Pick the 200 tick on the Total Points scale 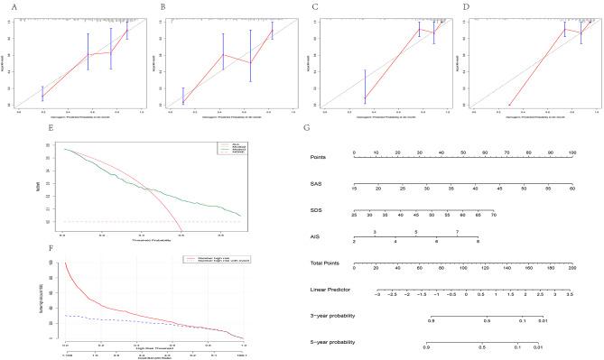pos(571,268)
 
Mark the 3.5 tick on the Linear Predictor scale pos(570,296)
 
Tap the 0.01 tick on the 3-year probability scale pos(543,320)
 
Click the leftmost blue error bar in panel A pos(42,93)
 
